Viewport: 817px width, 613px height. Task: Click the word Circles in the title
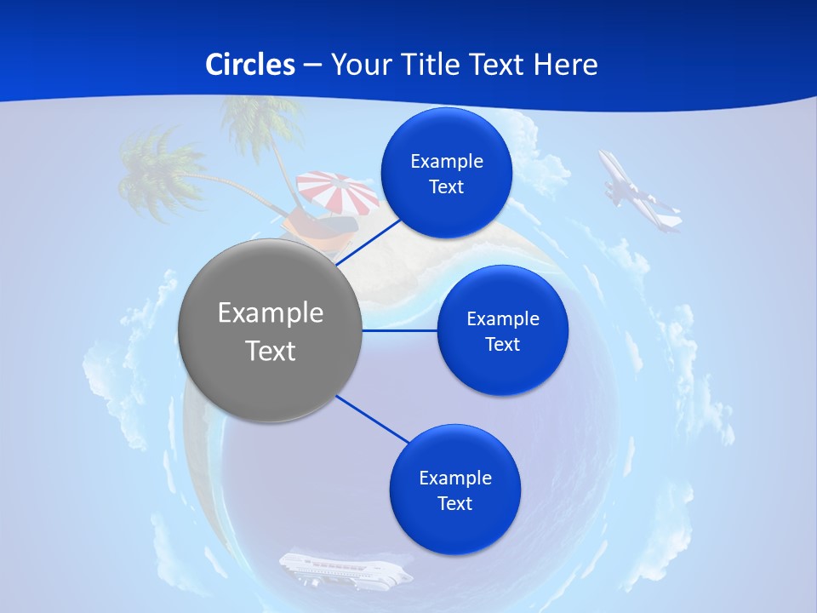pyautogui.click(x=249, y=65)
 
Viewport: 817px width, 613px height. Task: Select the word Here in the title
pyautogui.click(x=566, y=65)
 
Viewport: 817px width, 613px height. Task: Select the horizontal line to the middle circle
pyautogui.click(x=400, y=330)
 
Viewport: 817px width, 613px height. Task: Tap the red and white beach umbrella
pyautogui.click(x=339, y=191)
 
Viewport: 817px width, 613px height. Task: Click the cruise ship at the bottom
pyautogui.click(x=345, y=569)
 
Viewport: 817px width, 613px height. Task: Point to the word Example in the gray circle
pyautogui.click(x=271, y=313)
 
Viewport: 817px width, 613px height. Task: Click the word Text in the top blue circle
pyautogui.click(x=446, y=187)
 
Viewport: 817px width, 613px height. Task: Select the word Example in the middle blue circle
pyautogui.click(x=502, y=319)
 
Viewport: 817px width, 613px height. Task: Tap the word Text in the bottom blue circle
pyautogui.click(x=455, y=504)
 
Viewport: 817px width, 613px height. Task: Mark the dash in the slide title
pyautogui.click(x=311, y=66)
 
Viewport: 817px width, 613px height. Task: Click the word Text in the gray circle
pyautogui.click(x=271, y=351)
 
